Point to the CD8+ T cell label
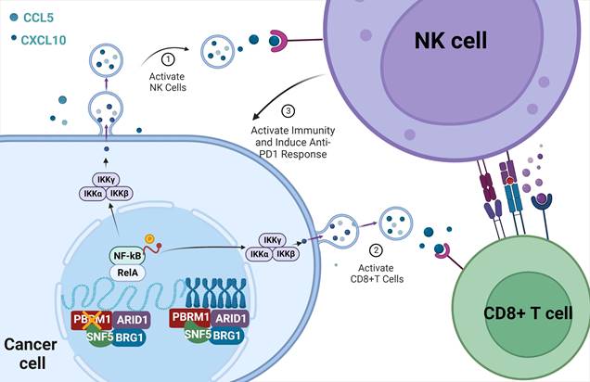click(x=522, y=312)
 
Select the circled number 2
click(x=376, y=248)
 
